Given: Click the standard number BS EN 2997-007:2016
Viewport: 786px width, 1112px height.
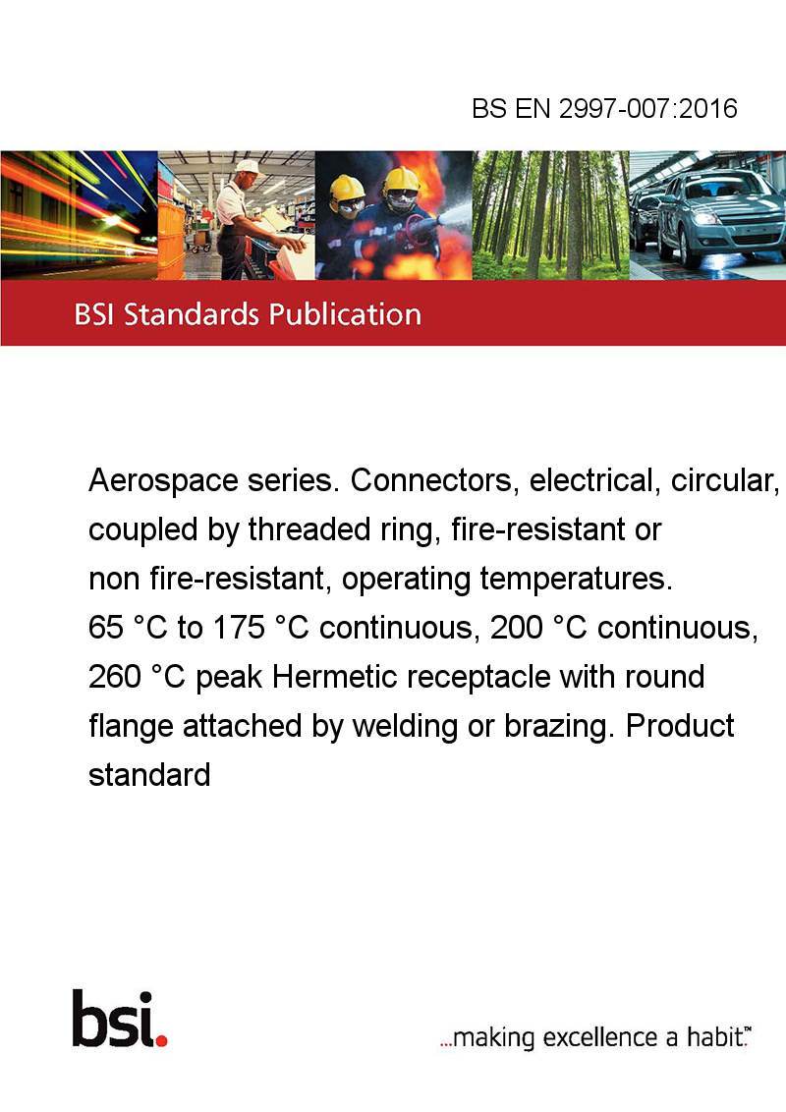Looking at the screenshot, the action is coord(604,108).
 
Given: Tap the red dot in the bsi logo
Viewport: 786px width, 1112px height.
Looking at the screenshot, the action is coord(161,1040).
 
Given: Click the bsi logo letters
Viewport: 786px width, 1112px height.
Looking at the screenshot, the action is coord(114,1018).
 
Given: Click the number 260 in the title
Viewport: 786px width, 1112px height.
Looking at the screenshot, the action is coord(115,677).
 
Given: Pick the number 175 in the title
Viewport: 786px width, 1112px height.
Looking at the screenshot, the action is coord(239,628).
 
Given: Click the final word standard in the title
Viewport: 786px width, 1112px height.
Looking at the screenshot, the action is coord(149,774).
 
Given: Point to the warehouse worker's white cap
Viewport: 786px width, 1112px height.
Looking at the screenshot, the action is coord(249,167).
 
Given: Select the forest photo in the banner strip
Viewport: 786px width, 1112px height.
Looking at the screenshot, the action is coord(550,215).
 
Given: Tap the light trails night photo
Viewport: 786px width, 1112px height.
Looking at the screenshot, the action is coord(80,215).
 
